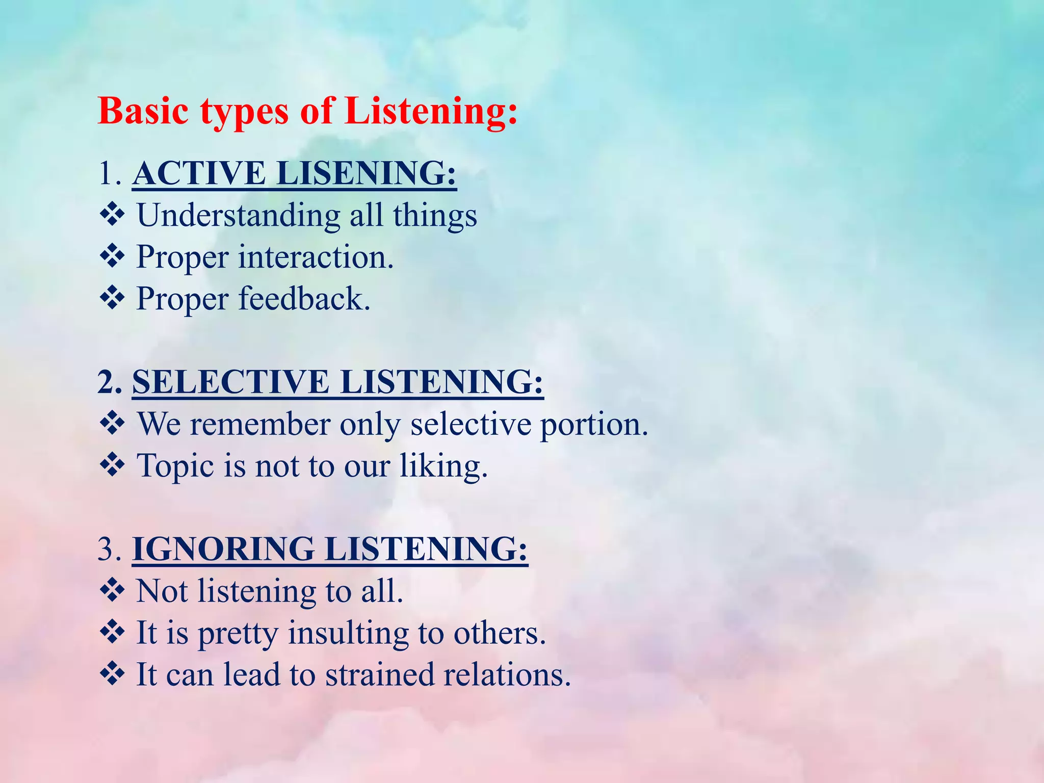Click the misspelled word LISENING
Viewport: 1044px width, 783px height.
tap(366, 173)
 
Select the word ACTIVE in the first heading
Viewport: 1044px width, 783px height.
tap(199, 173)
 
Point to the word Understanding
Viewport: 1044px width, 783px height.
tap(238, 216)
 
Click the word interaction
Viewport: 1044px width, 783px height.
tap(316, 257)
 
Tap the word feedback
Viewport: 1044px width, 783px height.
tap(304, 299)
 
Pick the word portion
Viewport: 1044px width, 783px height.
tap(594, 425)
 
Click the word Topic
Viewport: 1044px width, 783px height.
tap(175, 467)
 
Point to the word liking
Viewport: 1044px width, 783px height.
tap(443, 467)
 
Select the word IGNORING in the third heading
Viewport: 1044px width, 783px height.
tap(223, 550)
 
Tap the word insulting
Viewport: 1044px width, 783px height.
tap(348, 634)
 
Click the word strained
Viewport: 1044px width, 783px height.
tap(380, 675)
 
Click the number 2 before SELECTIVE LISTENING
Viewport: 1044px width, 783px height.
tap(106, 382)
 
